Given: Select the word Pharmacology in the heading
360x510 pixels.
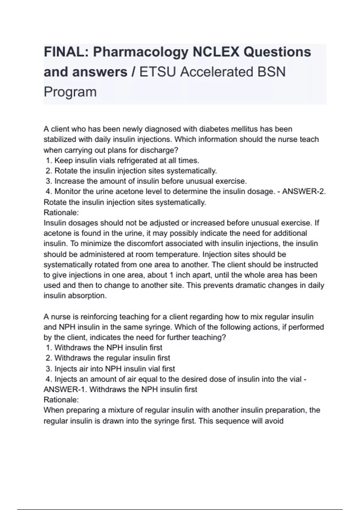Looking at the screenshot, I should [x=140, y=52].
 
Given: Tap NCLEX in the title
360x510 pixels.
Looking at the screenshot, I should [x=216, y=52].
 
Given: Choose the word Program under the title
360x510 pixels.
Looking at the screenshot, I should [x=70, y=92].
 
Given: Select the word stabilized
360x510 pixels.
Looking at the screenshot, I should [x=60, y=139].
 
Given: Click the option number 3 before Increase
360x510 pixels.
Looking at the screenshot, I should [x=49, y=181].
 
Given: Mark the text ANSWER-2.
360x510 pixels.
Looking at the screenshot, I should [x=304, y=191].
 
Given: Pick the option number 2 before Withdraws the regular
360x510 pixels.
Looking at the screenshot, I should [x=49, y=358].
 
